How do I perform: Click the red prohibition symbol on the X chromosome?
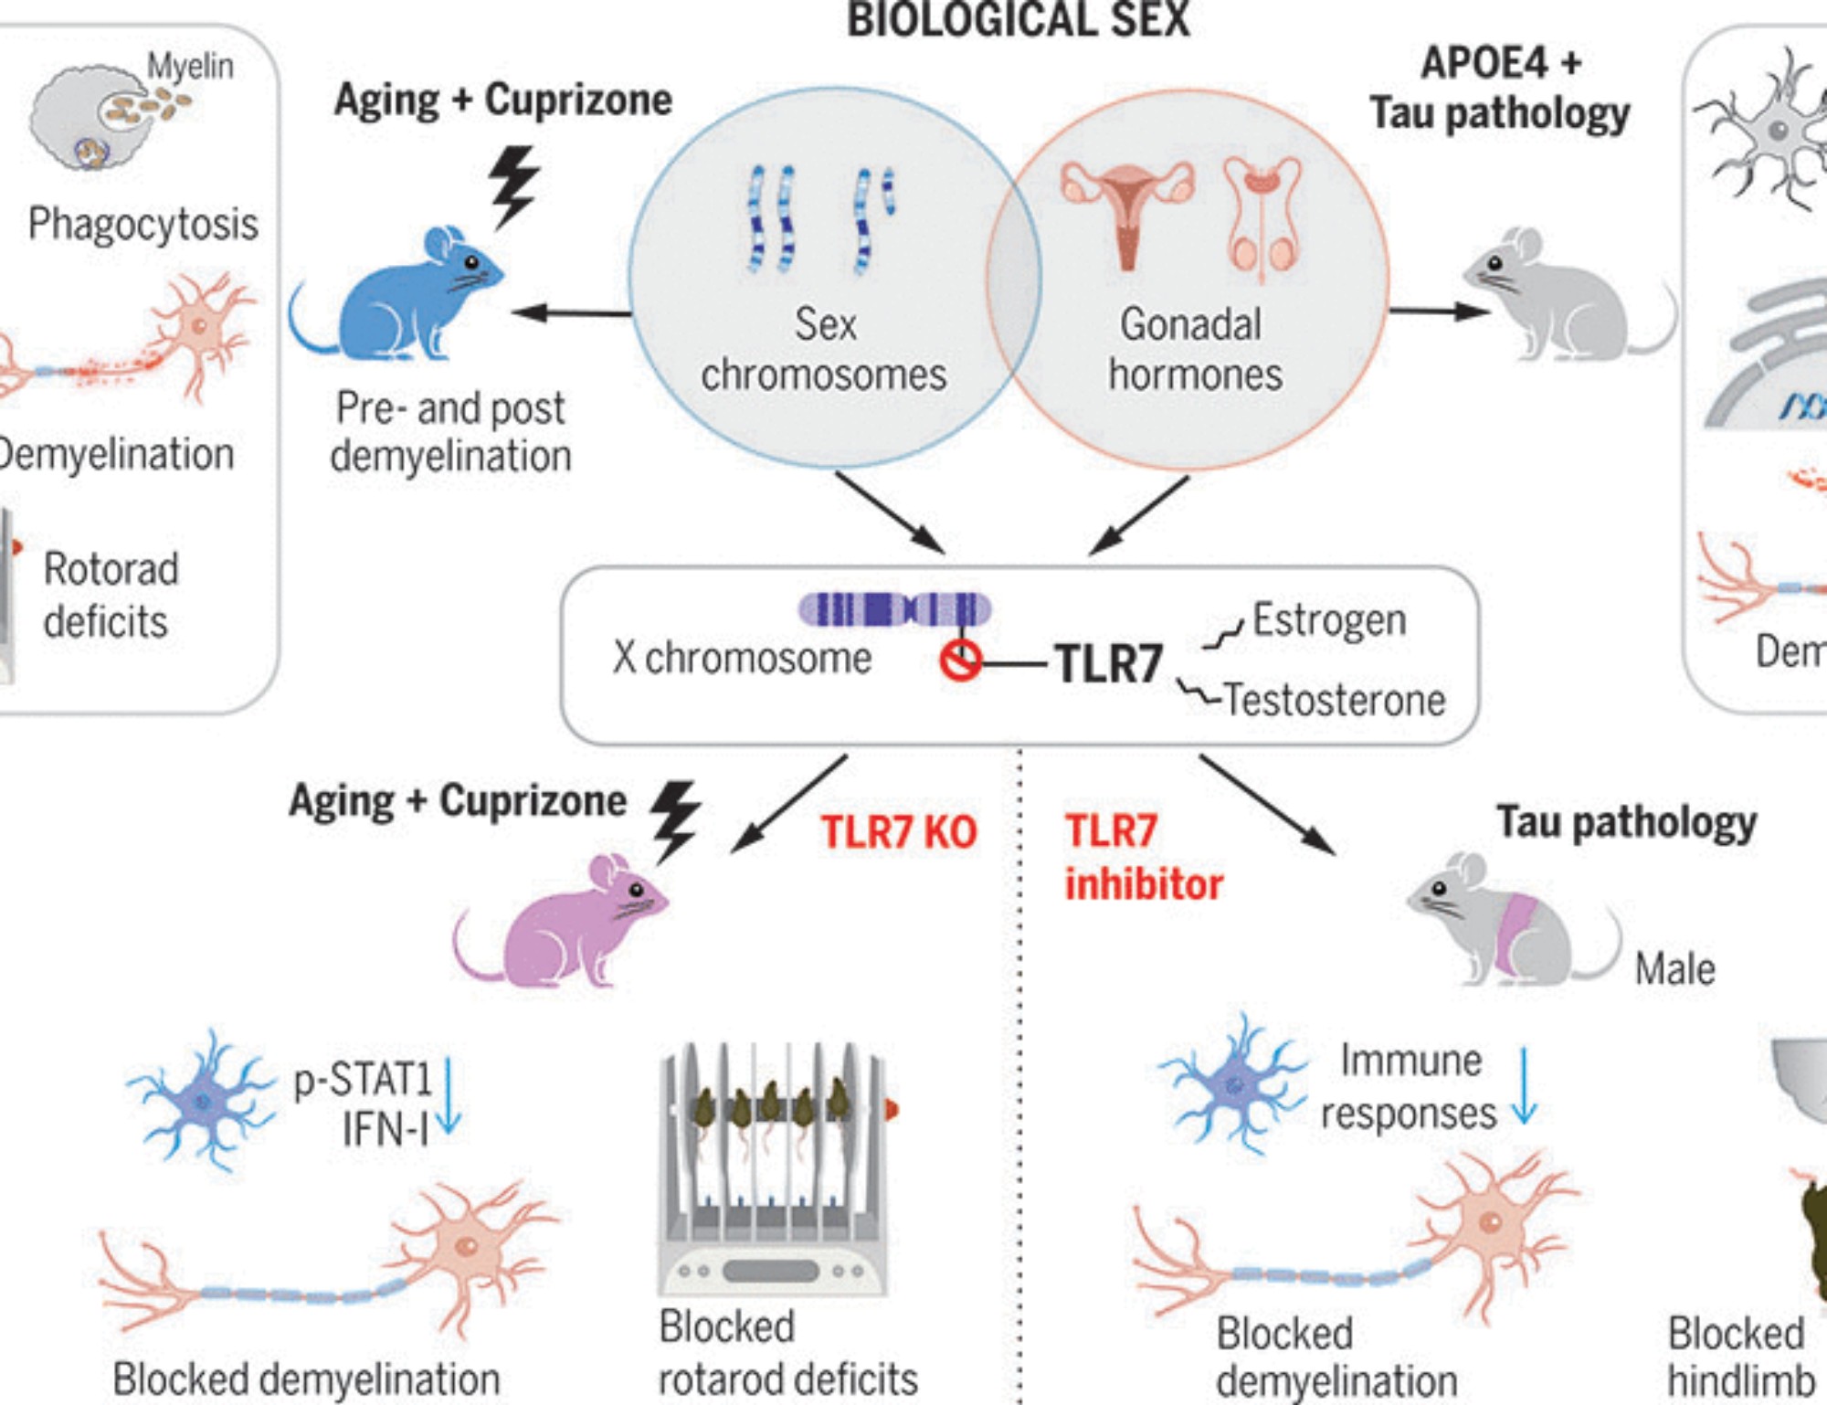[960, 660]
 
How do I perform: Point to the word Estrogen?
[1328, 620]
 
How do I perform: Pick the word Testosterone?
[1335, 701]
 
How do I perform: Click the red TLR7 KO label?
[899, 832]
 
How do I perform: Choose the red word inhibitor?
[1144, 884]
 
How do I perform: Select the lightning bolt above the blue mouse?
[513, 185]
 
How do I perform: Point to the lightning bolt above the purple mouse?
[675, 819]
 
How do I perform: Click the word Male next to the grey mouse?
[1674, 969]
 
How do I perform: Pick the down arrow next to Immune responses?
[1524, 1087]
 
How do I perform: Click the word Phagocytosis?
[143, 225]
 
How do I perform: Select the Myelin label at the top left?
[190, 66]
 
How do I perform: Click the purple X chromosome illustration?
[893, 609]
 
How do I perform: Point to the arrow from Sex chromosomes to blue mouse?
[571, 313]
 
